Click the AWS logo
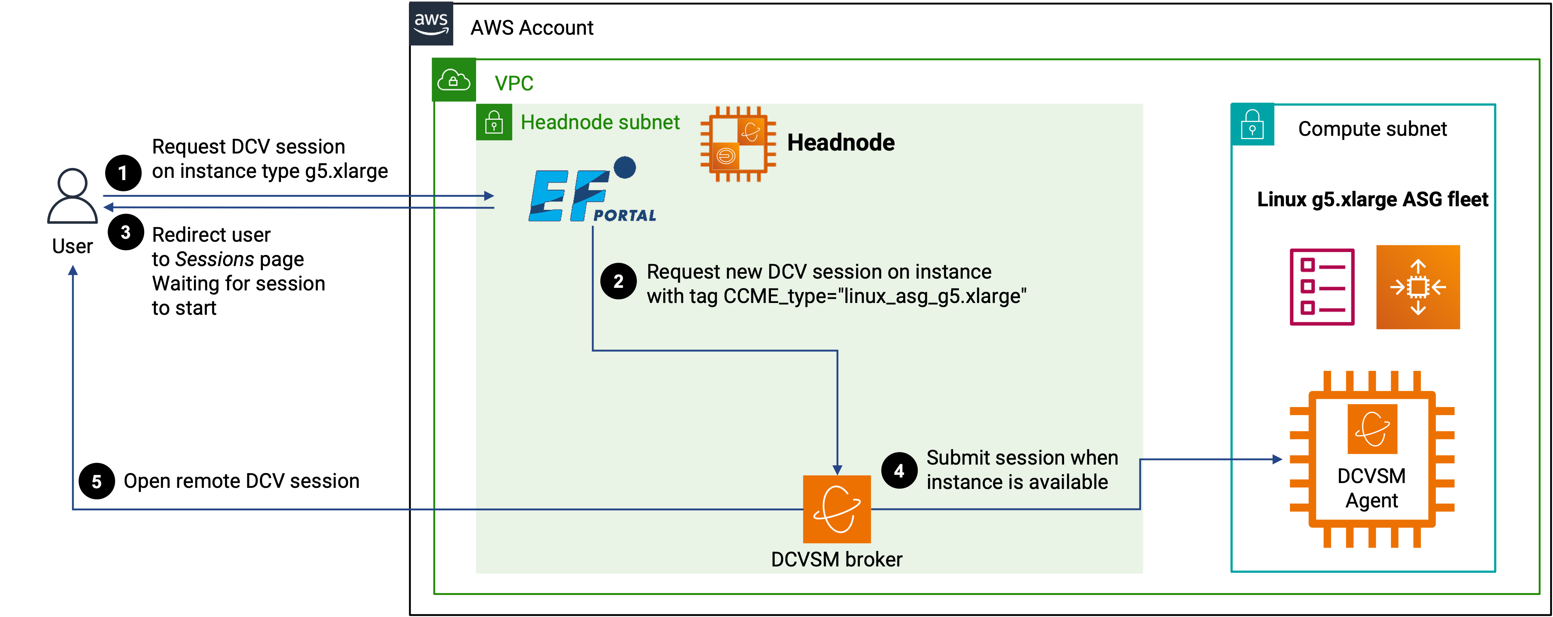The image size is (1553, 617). tap(431, 24)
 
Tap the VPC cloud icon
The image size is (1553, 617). tap(454, 80)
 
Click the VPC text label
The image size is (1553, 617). tap(514, 83)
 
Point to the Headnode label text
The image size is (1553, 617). tap(840, 143)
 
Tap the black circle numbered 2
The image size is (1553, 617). tap(618, 281)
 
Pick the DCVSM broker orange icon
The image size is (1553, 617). tap(837, 509)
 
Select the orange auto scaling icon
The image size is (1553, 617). tap(1418, 287)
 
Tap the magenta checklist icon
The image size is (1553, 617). tap(1322, 287)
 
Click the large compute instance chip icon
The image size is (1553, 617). tap(1372, 459)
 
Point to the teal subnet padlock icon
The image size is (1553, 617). tap(1252, 125)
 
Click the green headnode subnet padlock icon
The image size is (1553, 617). tap(494, 123)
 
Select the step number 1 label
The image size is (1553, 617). tap(122, 174)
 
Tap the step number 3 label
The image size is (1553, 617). tap(125, 232)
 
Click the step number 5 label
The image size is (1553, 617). tap(97, 482)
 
